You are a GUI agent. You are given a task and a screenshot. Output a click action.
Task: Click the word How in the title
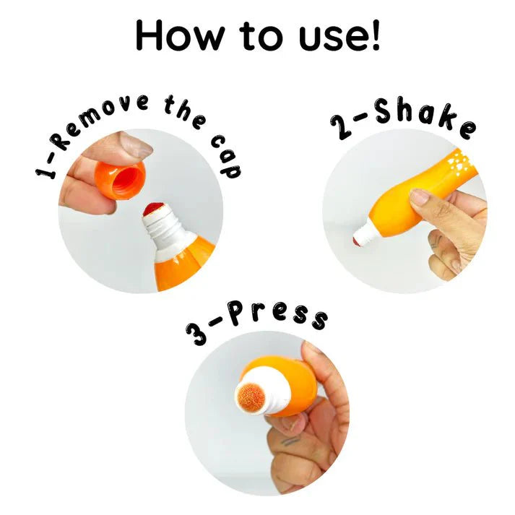(180, 35)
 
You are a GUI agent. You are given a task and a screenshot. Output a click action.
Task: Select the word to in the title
(261, 36)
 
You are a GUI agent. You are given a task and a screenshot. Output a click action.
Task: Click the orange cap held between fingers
(120, 181)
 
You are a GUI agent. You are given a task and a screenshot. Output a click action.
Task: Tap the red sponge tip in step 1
(154, 209)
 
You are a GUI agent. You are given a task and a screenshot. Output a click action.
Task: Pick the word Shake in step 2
(425, 117)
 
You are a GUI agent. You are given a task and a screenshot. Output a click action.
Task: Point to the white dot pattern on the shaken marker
(460, 163)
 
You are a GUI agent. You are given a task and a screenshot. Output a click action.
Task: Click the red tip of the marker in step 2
(355, 241)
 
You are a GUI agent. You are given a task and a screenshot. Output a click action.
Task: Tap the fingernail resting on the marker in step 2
(420, 196)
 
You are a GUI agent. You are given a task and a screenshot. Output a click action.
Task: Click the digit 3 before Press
(196, 334)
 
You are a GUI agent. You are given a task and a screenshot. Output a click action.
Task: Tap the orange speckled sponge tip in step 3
(251, 397)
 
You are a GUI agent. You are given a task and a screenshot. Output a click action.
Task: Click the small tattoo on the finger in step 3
(291, 441)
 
